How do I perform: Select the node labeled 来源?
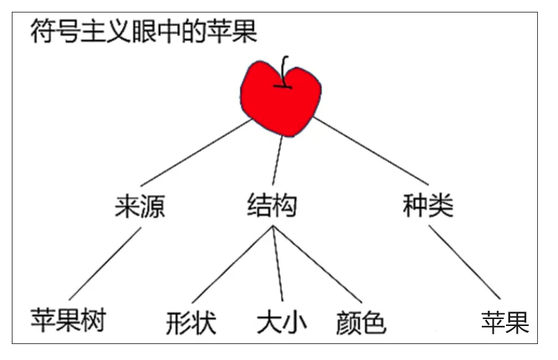tap(140, 206)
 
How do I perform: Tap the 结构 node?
tap(272, 206)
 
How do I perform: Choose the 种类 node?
tap(428, 206)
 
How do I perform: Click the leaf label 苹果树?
tap(67, 320)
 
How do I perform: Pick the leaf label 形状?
tap(191, 323)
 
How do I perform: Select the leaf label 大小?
tap(281, 322)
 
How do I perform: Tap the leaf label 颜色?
tap(360, 323)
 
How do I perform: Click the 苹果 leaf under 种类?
tap(505, 322)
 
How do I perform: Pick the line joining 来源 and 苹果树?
tap(104, 264)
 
